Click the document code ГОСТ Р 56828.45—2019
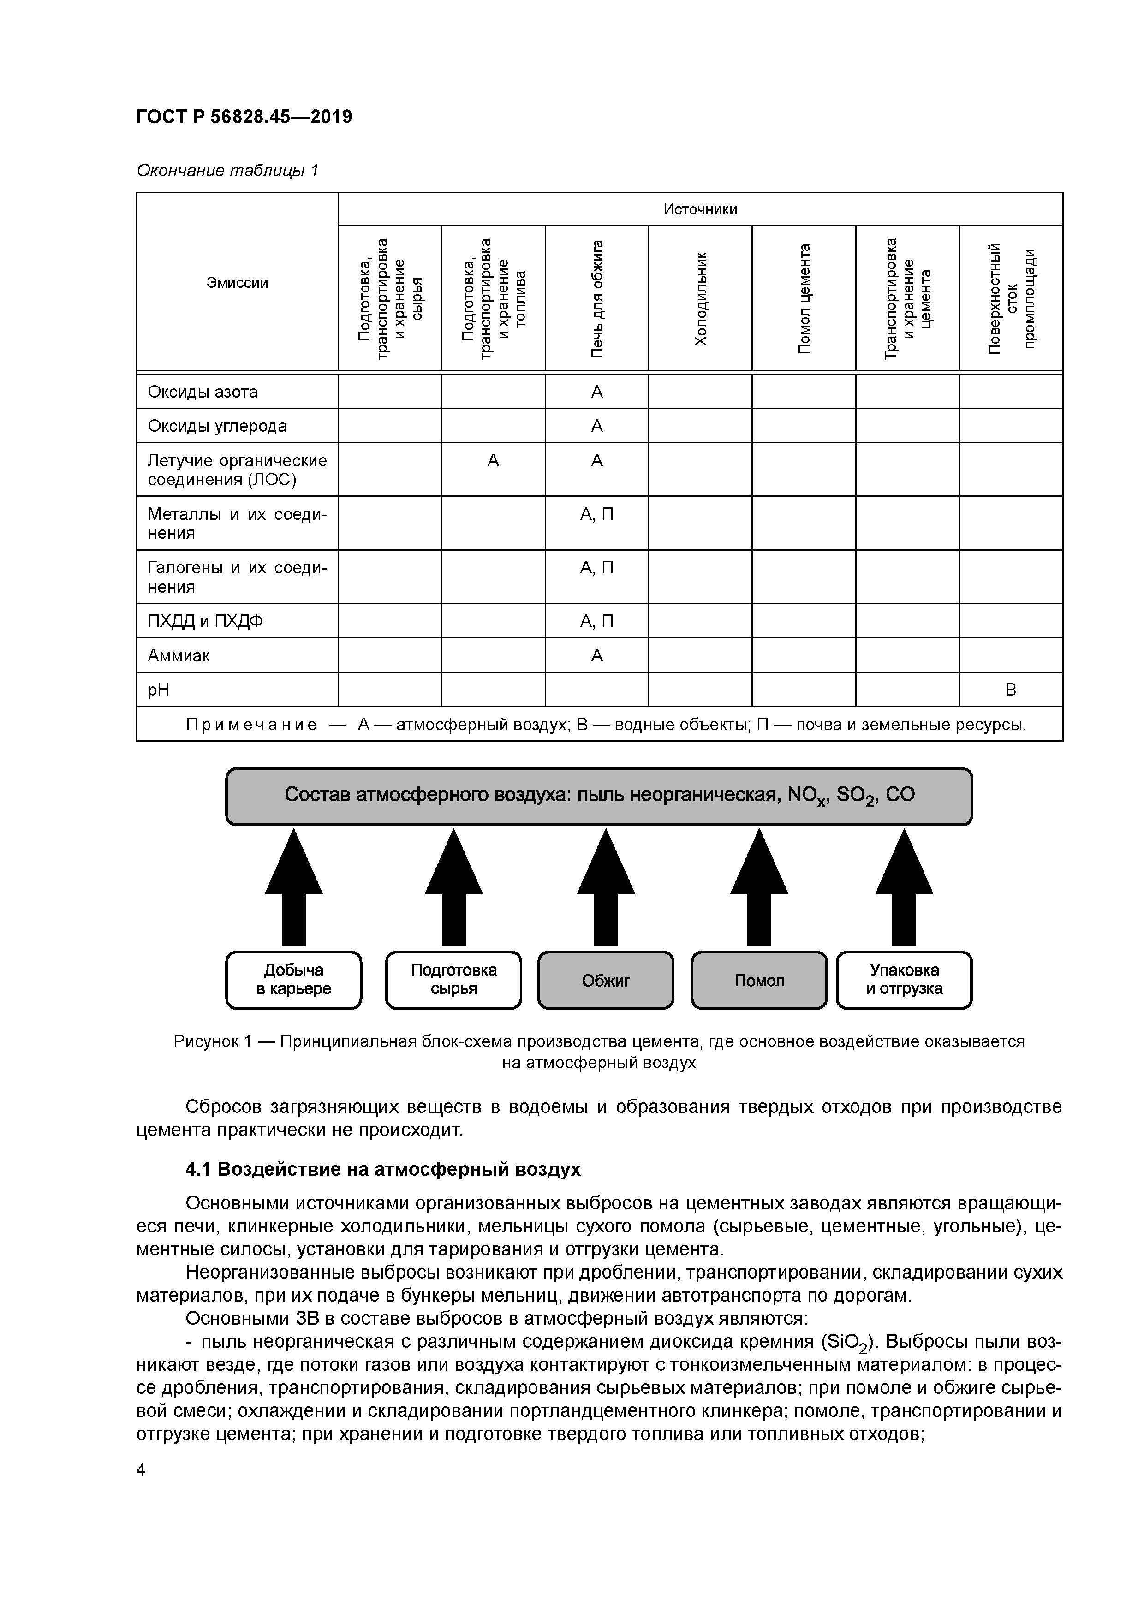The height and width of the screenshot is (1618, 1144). tap(244, 116)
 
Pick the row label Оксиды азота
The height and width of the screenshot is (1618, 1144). tap(203, 392)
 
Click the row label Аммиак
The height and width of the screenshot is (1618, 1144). tap(179, 655)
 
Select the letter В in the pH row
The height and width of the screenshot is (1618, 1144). tap(1010, 690)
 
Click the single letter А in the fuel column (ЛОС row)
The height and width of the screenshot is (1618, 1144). tap(494, 461)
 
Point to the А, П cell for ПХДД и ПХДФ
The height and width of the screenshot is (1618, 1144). tap(597, 621)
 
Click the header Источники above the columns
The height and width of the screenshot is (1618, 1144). tap(700, 209)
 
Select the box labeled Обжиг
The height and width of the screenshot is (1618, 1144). tap(606, 980)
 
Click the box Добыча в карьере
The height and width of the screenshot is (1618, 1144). tap(293, 980)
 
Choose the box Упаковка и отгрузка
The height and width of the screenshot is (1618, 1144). tap(904, 980)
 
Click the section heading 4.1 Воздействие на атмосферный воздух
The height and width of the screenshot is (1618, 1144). tap(383, 1169)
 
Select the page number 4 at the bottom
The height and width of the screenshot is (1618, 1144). tap(141, 1470)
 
